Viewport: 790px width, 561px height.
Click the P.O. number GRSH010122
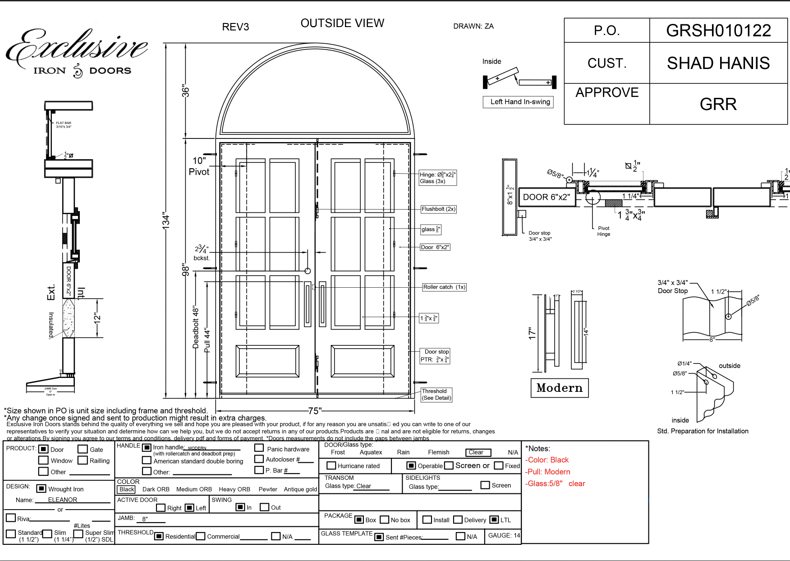click(718, 31)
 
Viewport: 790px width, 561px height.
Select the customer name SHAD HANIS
click(718, 63)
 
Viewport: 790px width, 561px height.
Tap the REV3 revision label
click(235, 27)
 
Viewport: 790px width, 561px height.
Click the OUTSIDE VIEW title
click(342, 23)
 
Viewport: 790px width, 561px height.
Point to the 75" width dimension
click(314, 411)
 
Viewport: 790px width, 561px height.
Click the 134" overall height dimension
click(166, 221)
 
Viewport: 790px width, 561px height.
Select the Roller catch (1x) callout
click(444, 287)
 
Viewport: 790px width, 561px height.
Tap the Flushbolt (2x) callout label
click(438, 209)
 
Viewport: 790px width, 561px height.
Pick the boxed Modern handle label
click(560, 388)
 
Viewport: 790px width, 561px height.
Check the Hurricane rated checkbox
click(331, 465)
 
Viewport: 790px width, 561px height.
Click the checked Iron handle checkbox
click(147, 447)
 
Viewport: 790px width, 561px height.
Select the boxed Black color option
click(127, 489)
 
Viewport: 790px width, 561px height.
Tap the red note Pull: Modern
click(548, 472)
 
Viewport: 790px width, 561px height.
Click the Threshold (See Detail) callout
click(436, 395)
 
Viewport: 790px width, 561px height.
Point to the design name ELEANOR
click(63, 500)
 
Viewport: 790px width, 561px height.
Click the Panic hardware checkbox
click(259, 448)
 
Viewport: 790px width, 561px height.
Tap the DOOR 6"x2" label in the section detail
click(547, 197)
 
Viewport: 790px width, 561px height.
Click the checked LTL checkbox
click(494, 520)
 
